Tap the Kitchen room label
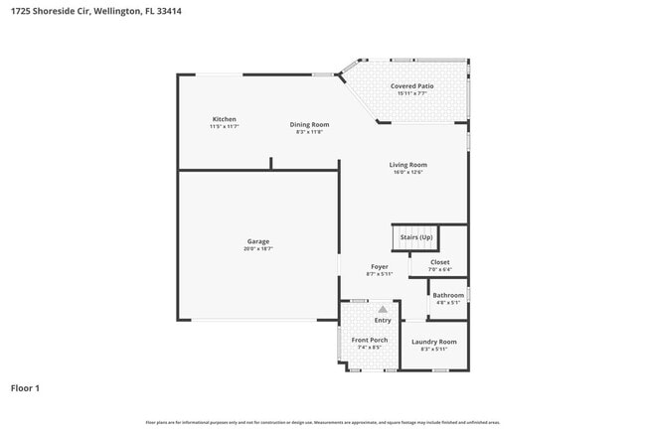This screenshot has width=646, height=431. tap(224, 119)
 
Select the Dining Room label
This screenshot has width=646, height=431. tap(309, 124)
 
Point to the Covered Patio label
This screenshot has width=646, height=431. tap(411, 86)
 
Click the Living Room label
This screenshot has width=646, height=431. tap(407, 165)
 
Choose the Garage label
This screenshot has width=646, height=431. tap(258, 241)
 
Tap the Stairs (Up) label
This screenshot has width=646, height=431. tap(416, 237)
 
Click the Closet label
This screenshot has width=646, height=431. tap(439, 262)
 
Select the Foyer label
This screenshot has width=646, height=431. tap(380, 266)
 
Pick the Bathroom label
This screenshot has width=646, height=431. tap(447, 295)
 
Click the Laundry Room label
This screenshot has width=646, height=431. tap(434, 342)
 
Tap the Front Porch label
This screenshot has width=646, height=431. tap(370, 340)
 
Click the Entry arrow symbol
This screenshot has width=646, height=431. tap(382, 309)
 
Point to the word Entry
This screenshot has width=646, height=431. tap(383, 320)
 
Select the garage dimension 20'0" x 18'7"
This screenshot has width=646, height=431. tap(258, 248)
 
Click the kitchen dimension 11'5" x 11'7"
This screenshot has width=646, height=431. tap(224, 127)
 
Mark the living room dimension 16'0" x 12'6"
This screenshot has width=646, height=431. tap(407, 172)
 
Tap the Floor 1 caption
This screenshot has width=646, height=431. tap(25, 387)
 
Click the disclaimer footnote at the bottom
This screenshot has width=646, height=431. tap(323, 422)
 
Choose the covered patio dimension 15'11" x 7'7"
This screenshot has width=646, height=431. tap(411, 94)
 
